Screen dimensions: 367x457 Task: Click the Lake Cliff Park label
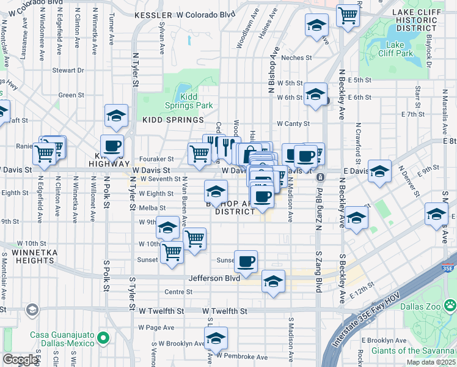[400, 49]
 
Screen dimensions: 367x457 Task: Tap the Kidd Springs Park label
[189, 102]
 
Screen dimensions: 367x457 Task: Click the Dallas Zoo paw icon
[450, 304]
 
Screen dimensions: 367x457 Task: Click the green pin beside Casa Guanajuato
[104, 337]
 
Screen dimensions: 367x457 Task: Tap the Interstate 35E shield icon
[447, 267]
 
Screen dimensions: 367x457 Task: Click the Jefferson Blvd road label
[214, 278]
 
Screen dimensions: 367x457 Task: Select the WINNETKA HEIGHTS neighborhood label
[27, 256]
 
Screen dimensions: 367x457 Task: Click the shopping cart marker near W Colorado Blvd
[348, 15]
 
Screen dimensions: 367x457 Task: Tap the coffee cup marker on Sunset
[246, 261]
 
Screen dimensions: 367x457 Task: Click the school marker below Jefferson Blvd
[274, 281]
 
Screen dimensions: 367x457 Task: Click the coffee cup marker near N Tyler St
[112, 146]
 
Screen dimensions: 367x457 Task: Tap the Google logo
[21, 360]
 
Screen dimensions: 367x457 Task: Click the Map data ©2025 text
[430, 362]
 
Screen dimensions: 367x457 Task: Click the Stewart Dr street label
[68, 70]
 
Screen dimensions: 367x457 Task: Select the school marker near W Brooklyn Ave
[216, 338]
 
